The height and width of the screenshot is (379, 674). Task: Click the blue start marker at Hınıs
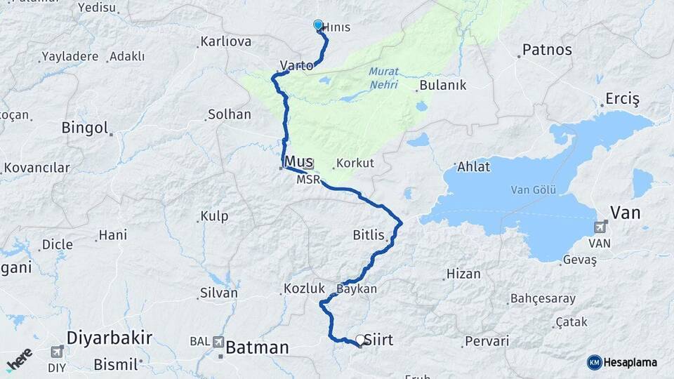318,26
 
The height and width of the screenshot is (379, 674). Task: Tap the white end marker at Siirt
360,340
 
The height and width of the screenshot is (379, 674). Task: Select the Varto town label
296,65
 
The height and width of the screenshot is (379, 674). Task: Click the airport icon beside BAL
220,342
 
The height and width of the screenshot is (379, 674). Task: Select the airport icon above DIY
57,351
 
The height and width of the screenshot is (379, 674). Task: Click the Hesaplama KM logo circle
595,362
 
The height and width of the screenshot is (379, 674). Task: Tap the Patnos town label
547,51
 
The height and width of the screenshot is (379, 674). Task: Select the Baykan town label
357,288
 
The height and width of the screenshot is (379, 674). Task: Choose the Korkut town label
355,163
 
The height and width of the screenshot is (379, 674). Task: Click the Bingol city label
85,128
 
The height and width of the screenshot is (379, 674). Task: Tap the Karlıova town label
225,41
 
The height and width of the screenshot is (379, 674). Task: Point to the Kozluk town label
304,288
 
